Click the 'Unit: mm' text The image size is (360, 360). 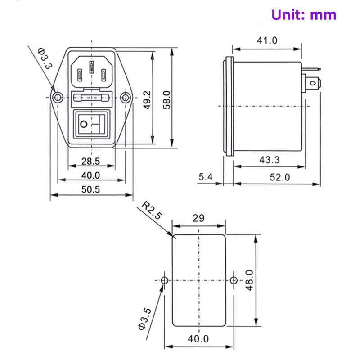coord(304,14)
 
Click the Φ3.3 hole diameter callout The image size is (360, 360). coord(45,58)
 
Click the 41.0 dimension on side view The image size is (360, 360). coord(267,40)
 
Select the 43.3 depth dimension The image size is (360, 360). coord(270,159)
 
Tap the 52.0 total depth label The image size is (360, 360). coord(280,177)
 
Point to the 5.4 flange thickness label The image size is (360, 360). coord(205,177)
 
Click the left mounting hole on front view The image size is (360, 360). coord(57,98)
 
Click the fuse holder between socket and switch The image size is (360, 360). coord(91,98)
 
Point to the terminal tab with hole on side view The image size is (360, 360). coord(314,83)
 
